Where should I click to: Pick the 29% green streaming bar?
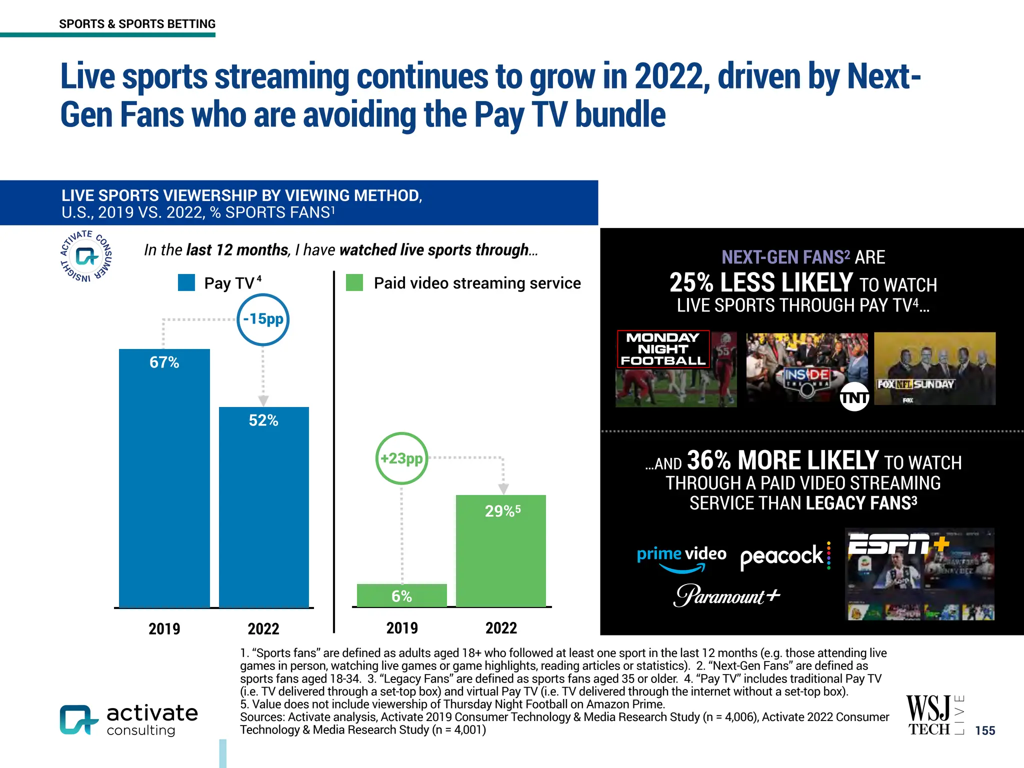500,550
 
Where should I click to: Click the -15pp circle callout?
263,319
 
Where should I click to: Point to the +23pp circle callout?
401,458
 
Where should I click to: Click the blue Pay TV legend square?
186,282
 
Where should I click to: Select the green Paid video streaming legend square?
354,282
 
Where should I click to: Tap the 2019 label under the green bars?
402,628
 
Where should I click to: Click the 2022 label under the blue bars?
263,628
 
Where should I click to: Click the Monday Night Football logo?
663,349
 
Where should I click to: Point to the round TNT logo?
854,397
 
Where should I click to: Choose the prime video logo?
681,558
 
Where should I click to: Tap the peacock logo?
785,556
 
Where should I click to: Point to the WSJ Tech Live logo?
934,715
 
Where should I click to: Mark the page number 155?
984,730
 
